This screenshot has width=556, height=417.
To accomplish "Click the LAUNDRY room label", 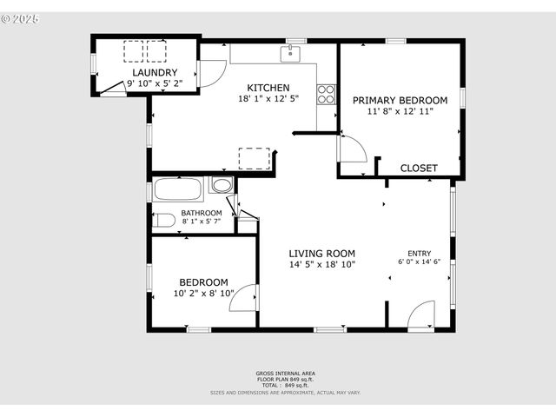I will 156,72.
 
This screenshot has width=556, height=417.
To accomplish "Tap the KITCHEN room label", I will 268,88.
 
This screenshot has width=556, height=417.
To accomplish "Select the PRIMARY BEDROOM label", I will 400,100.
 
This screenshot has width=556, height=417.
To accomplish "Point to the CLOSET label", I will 419,168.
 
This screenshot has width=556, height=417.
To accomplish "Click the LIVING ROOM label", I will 322,253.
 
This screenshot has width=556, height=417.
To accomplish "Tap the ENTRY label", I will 420,253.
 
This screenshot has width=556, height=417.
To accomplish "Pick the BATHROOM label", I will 202,213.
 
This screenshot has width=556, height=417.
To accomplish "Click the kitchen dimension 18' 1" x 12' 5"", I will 268,99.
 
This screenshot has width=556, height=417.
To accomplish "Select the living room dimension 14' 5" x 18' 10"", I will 322,264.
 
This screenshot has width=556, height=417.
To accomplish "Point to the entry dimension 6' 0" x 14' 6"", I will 420,261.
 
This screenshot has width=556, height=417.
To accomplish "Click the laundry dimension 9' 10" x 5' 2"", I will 156,83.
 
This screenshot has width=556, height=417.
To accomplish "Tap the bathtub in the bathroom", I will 178,189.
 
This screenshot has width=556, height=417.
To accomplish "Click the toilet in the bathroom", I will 163,220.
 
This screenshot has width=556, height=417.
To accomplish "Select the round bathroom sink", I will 222,185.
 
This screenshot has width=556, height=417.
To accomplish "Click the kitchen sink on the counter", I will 290,53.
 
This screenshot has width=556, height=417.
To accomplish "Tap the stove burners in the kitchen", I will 327,94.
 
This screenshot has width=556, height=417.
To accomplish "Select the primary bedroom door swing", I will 352,149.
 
